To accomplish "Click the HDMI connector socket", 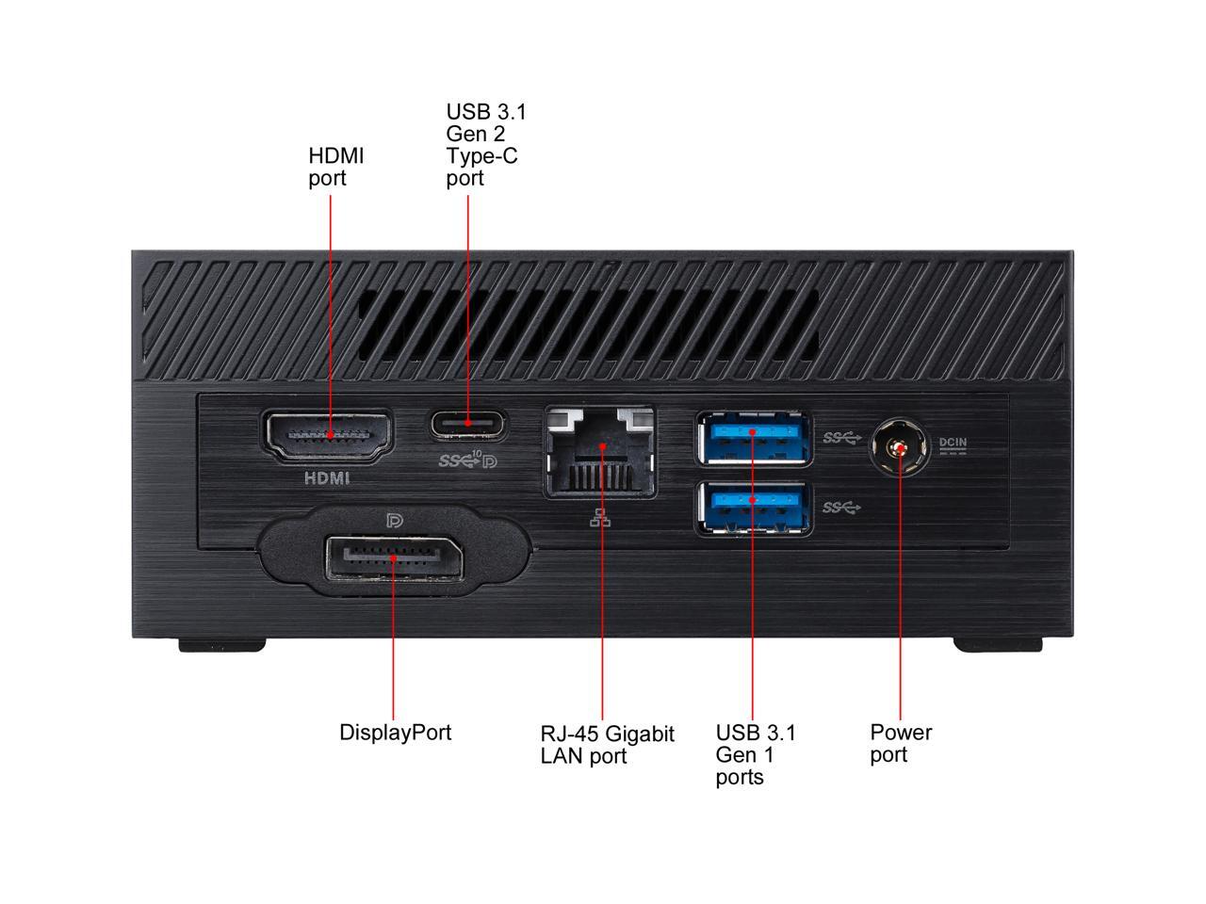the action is [329, 436].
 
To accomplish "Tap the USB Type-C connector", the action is [468, 425].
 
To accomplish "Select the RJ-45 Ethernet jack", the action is [600, 452].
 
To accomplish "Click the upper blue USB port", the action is [753, 439].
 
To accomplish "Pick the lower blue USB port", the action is [753, 508].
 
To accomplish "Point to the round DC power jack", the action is [900, 448].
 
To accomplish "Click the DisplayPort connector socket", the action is [394, 558].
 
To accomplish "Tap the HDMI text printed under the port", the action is [327, 478].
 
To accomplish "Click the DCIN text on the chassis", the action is [953, 442].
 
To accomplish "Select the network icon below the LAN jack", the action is [600, 518].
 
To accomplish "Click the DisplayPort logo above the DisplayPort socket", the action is [395, 520].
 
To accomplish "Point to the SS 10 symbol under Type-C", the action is [467, 460].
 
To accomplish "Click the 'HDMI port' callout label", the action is [335, 167].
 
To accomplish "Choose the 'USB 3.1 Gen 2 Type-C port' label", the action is [485, 145].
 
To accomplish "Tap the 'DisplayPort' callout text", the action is [395, 733].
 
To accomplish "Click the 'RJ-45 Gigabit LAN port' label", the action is [607, 745].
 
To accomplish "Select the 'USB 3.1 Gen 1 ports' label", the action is [756, 754].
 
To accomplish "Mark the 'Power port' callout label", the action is [901, 743].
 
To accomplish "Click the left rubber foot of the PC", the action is [222, 644].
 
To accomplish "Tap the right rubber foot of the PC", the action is [997, 644].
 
